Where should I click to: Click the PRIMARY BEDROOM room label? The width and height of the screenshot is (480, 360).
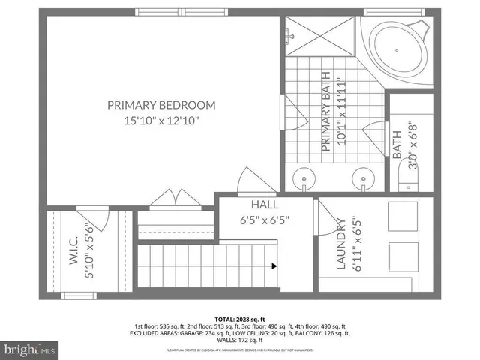click(x=161, y=105)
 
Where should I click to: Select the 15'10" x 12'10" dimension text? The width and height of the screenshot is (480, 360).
click(x=161, y=120)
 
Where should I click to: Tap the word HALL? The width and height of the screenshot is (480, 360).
click(x=264, y=205)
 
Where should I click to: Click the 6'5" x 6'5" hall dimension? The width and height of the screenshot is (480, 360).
click(x=264, y=220)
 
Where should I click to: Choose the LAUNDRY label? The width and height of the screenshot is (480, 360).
click(x=340, y=244)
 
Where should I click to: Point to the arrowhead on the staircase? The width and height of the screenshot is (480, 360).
click(x=276, y=264)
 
